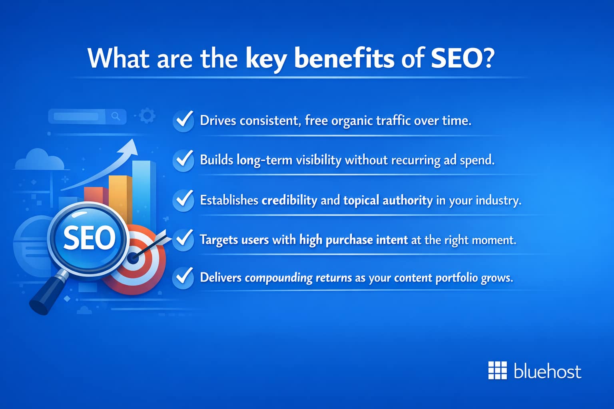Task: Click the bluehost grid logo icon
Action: (497, 371)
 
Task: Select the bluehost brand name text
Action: (547, 371)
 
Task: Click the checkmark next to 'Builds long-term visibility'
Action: (183, 160)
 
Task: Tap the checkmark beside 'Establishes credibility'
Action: (183, 200)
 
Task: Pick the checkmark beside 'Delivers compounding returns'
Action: (183, 277)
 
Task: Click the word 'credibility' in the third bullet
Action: (289, 200)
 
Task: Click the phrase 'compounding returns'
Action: (298, 278)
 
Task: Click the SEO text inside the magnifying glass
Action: (89, 238)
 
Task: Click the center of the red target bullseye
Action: (134, 258)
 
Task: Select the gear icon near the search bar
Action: (147, 116)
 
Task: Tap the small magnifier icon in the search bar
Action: (116, 117)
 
